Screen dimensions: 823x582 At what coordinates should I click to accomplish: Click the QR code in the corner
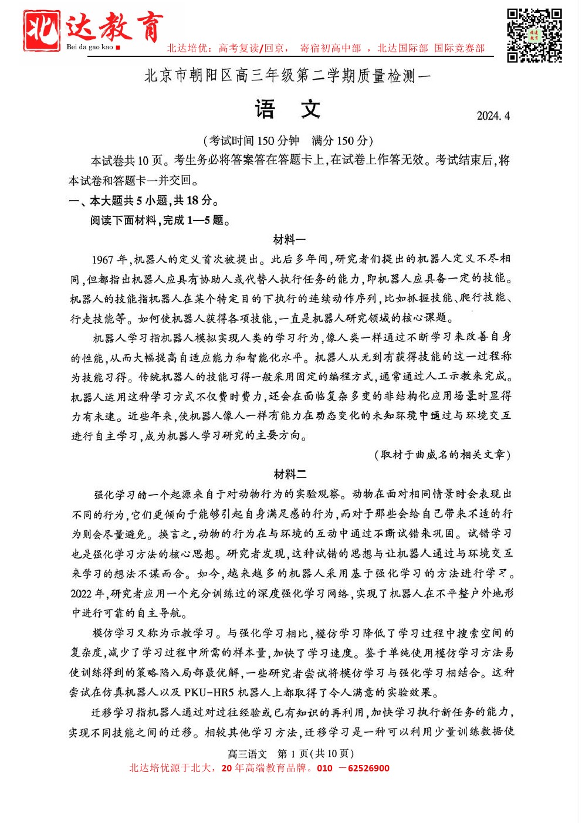click(534, 35)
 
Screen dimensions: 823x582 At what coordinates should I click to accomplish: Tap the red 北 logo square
click(41, 30)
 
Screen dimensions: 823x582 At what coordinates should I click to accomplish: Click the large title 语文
click(287, 110)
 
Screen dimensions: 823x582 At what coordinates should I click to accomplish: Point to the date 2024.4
click(493, 116)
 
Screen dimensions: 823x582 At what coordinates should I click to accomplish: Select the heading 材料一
click(289, 239)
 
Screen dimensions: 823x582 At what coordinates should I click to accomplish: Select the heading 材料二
click(289, 474)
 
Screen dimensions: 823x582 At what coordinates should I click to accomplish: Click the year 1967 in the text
click(102, 259)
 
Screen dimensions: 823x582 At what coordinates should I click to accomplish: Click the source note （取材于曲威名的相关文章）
click(442, 455)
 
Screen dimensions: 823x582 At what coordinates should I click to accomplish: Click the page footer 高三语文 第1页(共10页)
click(290, 754)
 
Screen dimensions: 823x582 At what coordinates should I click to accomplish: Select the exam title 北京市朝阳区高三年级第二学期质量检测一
click(287, 76)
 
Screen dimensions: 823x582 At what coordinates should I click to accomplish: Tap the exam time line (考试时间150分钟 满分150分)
click(288, 141)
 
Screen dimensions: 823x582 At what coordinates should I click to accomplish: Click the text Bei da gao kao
click(89, 47)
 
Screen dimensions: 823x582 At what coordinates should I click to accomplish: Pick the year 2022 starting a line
click(81, 594)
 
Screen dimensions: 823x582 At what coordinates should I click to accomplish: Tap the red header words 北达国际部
click(402, 48)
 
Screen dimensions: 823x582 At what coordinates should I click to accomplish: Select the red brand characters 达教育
click(114, 27)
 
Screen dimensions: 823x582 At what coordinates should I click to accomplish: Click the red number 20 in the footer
click(226, 768)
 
